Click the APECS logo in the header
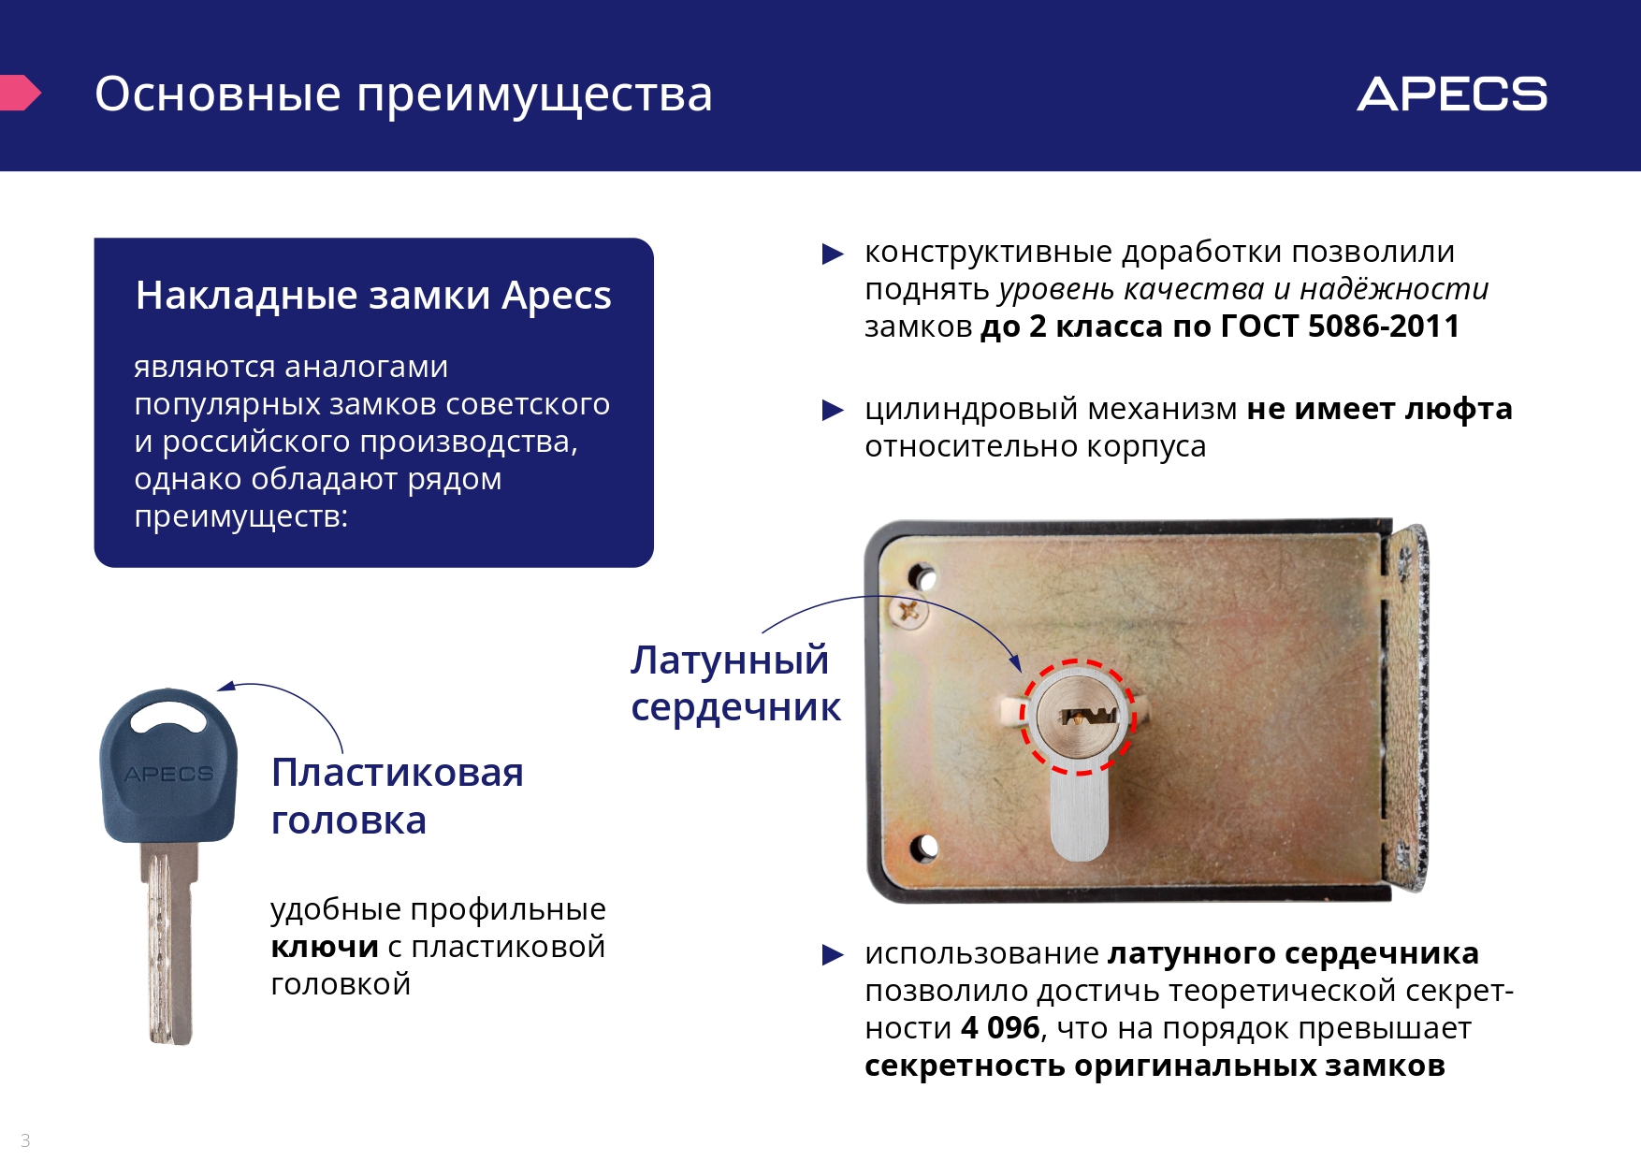point(1452,94)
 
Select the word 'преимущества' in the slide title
point(534,95)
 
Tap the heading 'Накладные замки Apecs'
point(373,296)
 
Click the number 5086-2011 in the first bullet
point(1384,327)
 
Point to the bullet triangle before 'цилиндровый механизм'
point(833,410)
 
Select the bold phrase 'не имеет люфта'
point(1379,409)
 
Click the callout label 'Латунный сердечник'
point(735,684)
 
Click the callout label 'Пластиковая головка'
point(397,796)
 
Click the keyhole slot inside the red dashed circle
point(1085,718)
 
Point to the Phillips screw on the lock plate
point(908,613)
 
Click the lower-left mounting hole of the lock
point(923,847)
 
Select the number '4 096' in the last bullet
point(1000,1028)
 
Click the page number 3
point(25,1140)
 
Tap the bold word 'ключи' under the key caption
point(325,948)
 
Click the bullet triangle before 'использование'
point(833,954)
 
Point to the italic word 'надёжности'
point(1394,290)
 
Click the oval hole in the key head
point(168,719)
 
